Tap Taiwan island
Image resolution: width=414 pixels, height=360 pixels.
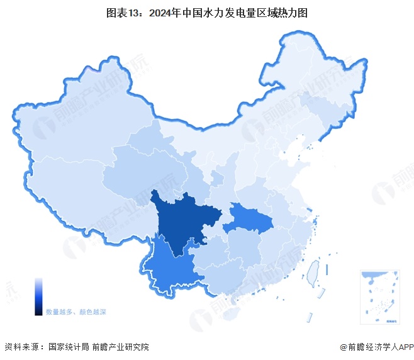coord(313,272)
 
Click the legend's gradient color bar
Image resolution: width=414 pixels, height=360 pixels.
coord(38,296)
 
